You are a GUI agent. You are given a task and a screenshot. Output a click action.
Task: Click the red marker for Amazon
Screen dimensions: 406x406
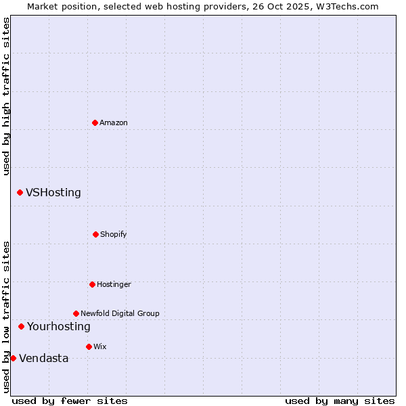pos(95,122)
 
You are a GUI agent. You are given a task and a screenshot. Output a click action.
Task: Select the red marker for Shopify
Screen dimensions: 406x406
pos(95,234)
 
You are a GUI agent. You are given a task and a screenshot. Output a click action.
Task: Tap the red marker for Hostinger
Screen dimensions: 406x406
pos(92,284)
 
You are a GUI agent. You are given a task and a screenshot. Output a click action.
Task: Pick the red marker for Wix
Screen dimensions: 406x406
pos(89,346)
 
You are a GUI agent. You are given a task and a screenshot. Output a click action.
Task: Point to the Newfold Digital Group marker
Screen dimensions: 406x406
pos(76,313)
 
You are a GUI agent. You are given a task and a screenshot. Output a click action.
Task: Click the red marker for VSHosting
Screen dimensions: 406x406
pos(20,192)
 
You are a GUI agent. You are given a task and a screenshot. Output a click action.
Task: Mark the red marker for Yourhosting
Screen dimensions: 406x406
pos(21,326)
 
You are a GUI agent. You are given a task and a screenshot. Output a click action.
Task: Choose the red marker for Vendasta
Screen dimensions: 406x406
pos(13,358)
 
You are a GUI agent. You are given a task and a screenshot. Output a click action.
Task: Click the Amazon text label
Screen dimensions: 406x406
pos(114,122)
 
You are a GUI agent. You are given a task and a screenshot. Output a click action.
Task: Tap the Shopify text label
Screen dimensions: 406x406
pos(114,234)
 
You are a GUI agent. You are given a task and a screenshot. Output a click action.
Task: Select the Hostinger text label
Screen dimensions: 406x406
pos(114,284)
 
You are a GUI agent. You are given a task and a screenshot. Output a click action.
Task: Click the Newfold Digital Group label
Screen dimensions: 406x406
pos(120,313)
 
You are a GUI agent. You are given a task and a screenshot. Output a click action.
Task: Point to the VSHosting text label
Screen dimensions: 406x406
pos(53,192)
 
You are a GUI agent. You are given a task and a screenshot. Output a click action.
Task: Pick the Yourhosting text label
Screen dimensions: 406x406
pos(59,326)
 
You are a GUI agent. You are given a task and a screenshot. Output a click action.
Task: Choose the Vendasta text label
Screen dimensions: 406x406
pos(44,358)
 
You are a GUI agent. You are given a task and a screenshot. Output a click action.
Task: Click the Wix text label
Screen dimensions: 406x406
pos(100,346)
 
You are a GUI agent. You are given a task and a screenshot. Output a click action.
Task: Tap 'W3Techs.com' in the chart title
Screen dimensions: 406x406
pos(348,6)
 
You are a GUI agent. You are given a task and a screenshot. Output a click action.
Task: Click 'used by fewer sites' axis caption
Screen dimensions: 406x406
pos(70,401)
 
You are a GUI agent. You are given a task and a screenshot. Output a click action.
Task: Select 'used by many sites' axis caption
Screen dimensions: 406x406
pos(340,401)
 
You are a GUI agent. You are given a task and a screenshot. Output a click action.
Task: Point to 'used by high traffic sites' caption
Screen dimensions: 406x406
pos(6,96)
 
